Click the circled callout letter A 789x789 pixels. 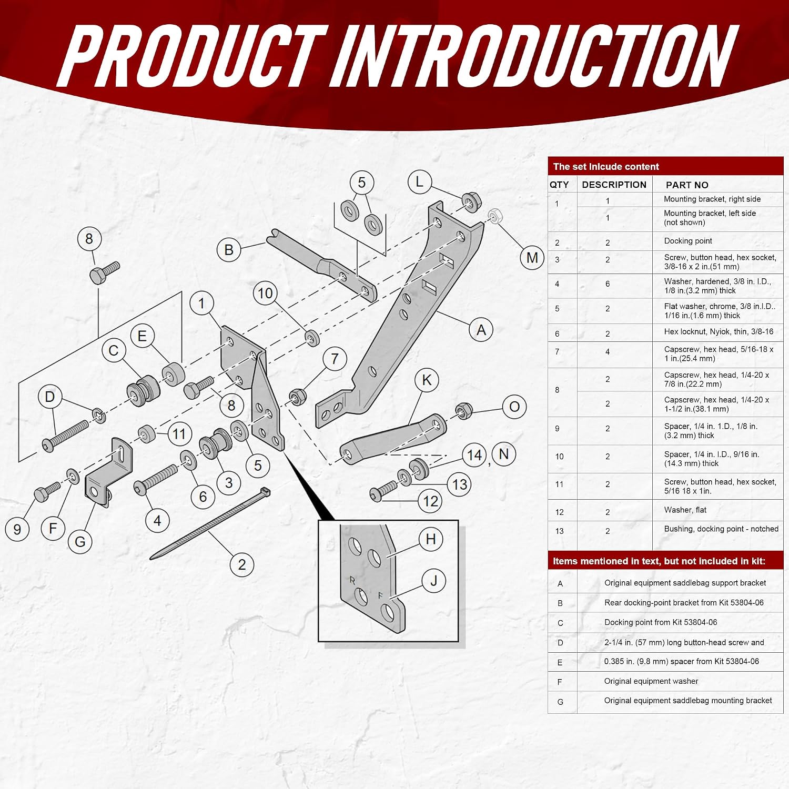tap(481, 330)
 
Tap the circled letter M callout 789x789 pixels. tap(532, 258)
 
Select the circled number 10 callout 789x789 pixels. tap(266, 293)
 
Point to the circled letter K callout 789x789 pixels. tap(427, 380)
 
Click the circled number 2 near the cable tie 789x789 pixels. tap(242, 564)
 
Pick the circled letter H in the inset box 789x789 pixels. tap(431, 539)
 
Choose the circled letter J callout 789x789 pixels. tap(434, 581)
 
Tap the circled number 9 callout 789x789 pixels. tap(17, 529)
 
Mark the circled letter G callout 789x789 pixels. tap(80, 541)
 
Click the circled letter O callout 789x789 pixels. tap(514, 407)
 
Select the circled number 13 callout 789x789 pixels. tap(459, 484)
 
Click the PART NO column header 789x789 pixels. tap(687, 185)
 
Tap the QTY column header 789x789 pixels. tap(559, 185)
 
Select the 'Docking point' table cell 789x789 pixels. tap(688, 241)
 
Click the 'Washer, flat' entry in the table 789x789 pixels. tap(685, 510)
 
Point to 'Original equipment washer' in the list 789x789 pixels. tap(651, 681)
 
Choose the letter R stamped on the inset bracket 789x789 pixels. tap(352, 580)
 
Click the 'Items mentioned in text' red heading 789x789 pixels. tap(659, 561)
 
